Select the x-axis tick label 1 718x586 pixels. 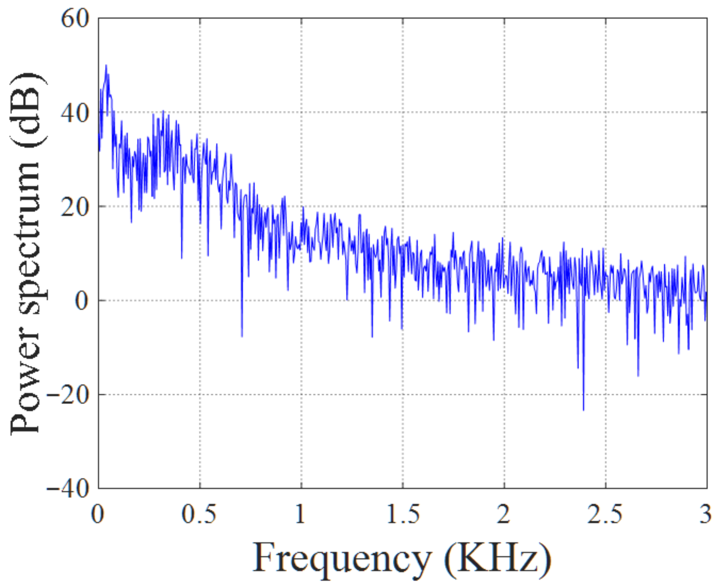tap(300, 514)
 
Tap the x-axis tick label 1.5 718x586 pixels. tap(403, 514)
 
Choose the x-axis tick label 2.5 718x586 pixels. tap(605, 514)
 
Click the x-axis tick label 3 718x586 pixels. tap(706, 514)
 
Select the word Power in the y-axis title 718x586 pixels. tap(25, 388)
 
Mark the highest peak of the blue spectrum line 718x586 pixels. tap(106, 65)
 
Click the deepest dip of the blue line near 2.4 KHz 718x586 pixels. tap(583, 410)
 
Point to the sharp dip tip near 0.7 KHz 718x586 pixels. tap(242, 336)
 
